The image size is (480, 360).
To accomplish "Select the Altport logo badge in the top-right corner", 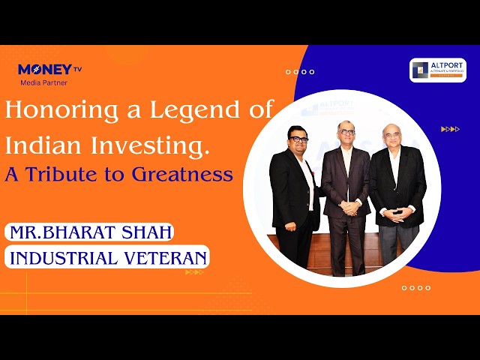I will tap(438, 70).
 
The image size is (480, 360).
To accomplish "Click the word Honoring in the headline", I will tap(58, 111).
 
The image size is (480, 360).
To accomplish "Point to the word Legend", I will tap(178, 111).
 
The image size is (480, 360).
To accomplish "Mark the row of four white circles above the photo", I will tap(300, 72).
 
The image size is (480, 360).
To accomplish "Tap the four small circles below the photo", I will tap(416, 287).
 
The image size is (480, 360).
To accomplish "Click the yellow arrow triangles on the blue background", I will tap(450, 129).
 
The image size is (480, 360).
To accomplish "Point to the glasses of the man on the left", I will tap(299, 140).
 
